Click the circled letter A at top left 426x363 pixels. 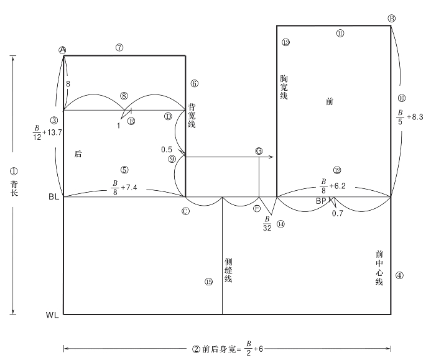(63, 50)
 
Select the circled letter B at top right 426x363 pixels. (391, 18)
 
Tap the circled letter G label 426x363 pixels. (259, 151)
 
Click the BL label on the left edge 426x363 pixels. (53, 197)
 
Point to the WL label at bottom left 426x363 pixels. (53, 315)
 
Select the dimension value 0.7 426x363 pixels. (337, 213)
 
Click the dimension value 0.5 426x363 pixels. (166, 150)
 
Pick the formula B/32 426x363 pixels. (267, 224)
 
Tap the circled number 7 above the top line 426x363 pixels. (121, 47)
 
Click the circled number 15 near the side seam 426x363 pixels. (208, 281)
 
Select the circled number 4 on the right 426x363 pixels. (399, 275)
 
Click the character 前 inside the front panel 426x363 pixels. (330, 101)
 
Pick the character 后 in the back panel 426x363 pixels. (78, 153)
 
